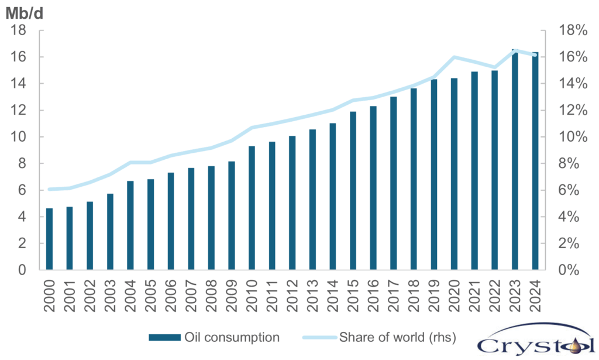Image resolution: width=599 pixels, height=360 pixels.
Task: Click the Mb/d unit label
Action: point(24,11)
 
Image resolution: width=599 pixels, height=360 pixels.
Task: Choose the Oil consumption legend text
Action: point(232,337)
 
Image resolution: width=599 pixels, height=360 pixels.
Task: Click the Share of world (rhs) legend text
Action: point(397,337)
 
